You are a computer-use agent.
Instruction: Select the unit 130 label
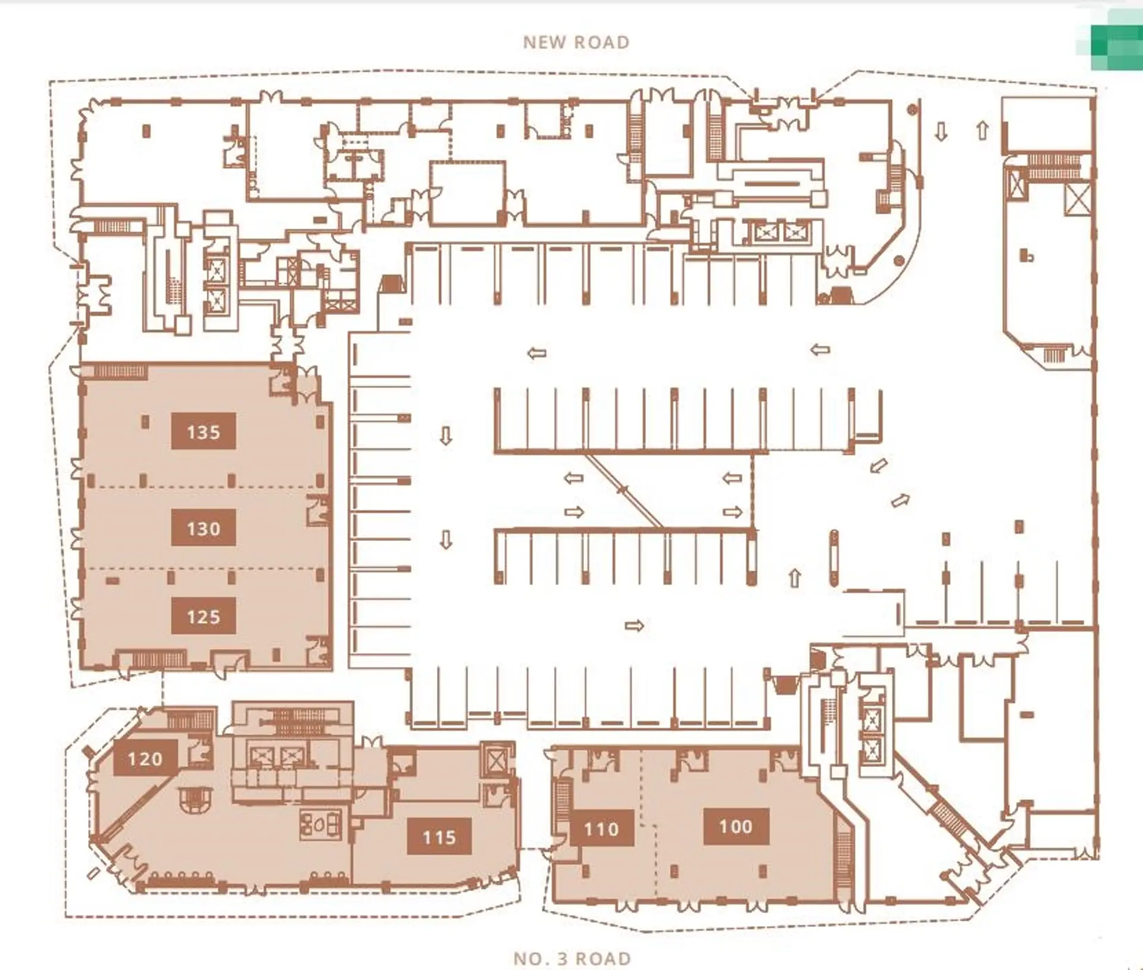pyautogui.click(x=204, y=527)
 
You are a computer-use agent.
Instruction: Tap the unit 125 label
pyautogui.click(x=204, y=616)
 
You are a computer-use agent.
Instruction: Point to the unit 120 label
pyautogui.click(x=145, y=758)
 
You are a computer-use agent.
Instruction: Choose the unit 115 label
pyautogui.click(x=439, y=837)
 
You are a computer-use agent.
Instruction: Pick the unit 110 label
pyautogui.click(x=601, y=828)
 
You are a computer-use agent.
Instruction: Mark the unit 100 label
pyautogui.click(x=736, y=826)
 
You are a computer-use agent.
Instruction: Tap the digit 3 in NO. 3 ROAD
pyautogui.click(x=562, y=959)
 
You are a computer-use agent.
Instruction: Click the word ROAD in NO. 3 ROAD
pyautogui.click(x=603, y=959)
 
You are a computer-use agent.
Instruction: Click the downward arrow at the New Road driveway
pyautogui.click(x=941, y=131)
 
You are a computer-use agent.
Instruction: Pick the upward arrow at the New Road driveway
pyautogui.click(x=983, y=130)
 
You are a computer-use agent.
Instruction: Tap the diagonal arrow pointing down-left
pyautogui.click(x=879, y=465)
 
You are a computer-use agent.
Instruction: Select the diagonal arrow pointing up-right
pyautogui.click(x=900, y=500)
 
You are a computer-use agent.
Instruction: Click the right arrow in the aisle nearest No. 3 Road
pyautogui.click(x=635, y=625)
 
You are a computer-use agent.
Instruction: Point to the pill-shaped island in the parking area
pyautogui.click(x=834, y=558)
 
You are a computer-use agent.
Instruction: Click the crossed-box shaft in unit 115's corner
pyautogui.click(x=495, y=760)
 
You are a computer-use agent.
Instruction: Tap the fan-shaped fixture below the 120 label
pyautogui.click(x=195, y=799)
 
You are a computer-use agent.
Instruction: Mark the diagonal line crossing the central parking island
pyautogui.click(x=624, y=491)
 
